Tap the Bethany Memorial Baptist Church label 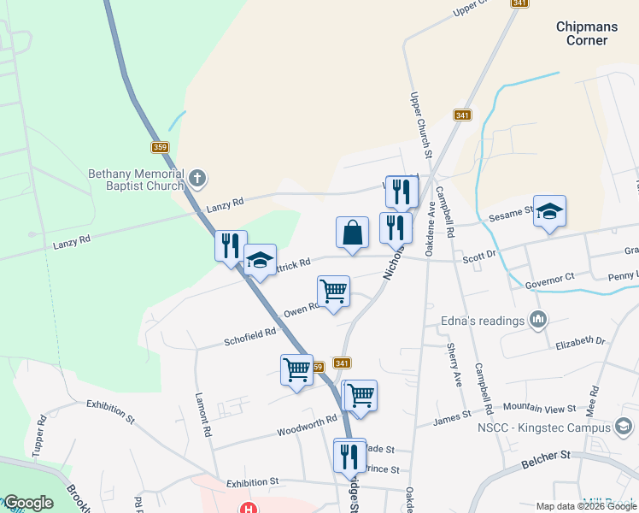point(137,179)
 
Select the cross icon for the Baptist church point(197,179)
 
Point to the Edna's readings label point(481,321)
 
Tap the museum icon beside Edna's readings point(537,321)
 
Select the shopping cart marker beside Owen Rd point(333,291)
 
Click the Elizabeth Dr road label point(579,341)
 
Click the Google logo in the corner point(28,502)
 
